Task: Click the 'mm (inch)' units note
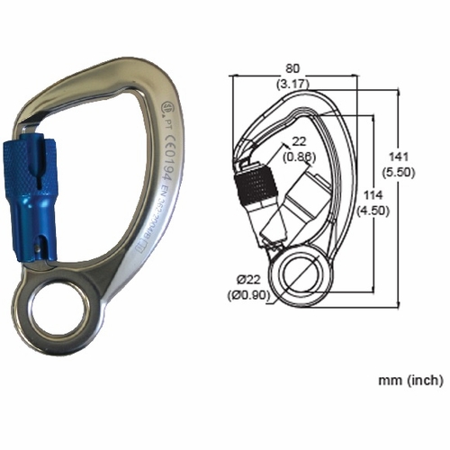[x=409, y=381]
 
